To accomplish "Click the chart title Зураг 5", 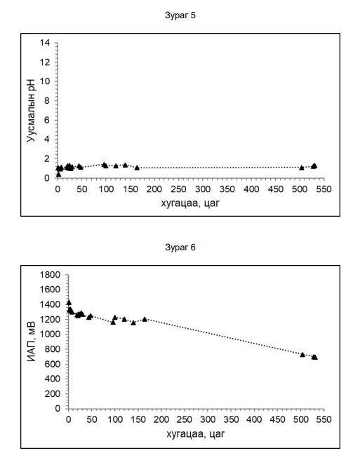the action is (x=180, y=15).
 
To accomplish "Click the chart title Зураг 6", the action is (x=180, y=248).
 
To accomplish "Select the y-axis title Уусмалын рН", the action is (x=31, y=111).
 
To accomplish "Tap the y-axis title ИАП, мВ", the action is (x=31, y=341).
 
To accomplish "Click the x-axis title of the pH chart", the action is (x=190, y=203).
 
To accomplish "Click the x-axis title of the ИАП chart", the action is (x=196, y=434).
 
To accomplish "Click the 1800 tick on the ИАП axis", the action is (x=50, y=275).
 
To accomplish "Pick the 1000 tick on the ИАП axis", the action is (x=50, y=334).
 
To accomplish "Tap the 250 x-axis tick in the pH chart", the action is (x=178, y=189).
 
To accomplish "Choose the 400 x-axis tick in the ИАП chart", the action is (x=254, y=419).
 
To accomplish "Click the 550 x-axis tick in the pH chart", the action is (x=324, y=189).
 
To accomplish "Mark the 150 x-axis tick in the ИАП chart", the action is (x=138, y=419).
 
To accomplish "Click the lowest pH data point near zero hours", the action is (x=58, y=174).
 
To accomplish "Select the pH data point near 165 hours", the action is (x=137, y=168).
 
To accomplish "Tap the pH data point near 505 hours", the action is (x=301, y=168).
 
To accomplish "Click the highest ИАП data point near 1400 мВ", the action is (x=69, y=303).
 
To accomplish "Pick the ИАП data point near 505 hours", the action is (x=302, y=354).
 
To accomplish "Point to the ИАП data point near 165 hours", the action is (x=145, y=319).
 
